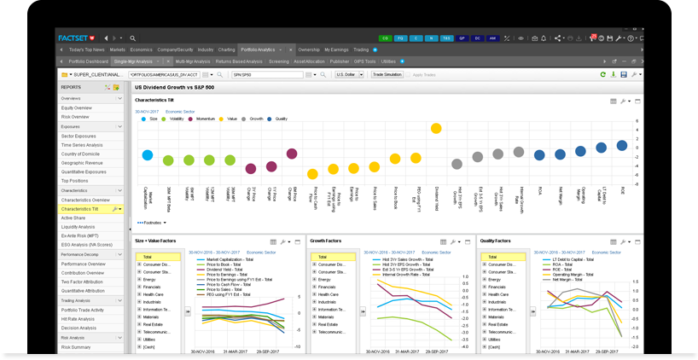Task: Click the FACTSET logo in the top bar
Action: [76, 38]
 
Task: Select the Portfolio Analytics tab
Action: [257, 49]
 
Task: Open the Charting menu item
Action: [226, 49]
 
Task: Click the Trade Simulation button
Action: [387, 75]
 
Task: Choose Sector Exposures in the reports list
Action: [79, 136]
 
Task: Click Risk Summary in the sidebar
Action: [76, 347]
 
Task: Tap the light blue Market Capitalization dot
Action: [148, 155]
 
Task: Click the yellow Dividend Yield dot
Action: [436, 129]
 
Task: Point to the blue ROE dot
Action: [622, 146]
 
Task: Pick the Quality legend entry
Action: [281, 119]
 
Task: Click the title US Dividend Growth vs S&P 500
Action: [176, 87]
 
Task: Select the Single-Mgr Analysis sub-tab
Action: [132, 61]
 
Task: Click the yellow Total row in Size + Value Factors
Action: [158, 257]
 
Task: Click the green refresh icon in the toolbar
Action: [603, 75]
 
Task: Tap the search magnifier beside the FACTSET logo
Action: [133, 38]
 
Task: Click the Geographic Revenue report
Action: [82, 163]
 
